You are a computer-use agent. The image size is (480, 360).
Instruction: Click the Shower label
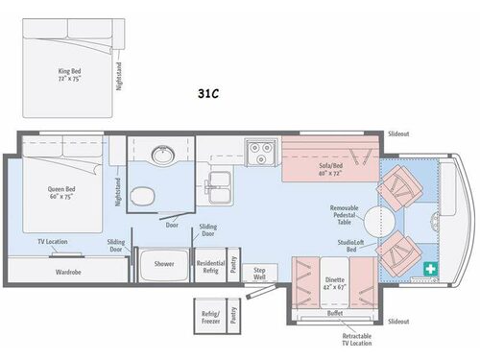165,264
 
